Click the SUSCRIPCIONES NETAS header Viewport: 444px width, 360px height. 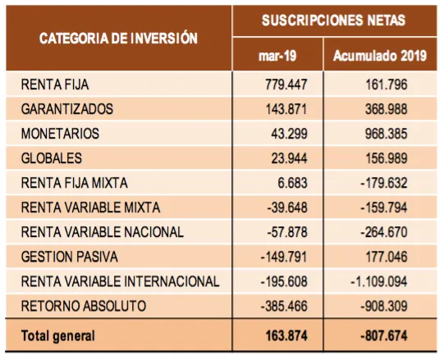(x=333, y=21)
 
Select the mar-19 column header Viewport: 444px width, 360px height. (x=277, y=56)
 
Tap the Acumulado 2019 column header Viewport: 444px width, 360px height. (x=380, y=56)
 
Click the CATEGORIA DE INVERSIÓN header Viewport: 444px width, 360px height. (x=118, y=39)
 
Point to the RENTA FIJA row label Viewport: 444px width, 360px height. (x=55, y=84)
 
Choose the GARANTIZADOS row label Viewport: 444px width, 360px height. (x=67, y=109)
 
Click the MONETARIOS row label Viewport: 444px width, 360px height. (x=60, y=134)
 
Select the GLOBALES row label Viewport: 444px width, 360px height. (x=52, y=158)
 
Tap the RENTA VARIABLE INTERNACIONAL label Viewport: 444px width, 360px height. (x=121, y=281)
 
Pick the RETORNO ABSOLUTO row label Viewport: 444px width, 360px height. (x=84, y=306)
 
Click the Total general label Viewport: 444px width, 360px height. (x=57, y=336)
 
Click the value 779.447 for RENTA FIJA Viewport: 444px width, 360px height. (x=286, y=84)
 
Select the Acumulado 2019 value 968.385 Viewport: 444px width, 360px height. (x=387, y=134)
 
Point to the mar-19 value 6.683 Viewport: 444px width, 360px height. (x=292, y=183)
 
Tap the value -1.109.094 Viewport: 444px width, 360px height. (x=379, y=281)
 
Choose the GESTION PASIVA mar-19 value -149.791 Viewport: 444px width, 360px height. (x=284, y=257)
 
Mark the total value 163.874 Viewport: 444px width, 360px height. (x=286, y=336)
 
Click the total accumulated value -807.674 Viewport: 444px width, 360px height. (x=384, y=336)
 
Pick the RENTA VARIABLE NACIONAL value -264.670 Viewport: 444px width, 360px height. (x=384, y=232)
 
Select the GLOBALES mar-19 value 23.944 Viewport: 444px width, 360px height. (x=290, y=158)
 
